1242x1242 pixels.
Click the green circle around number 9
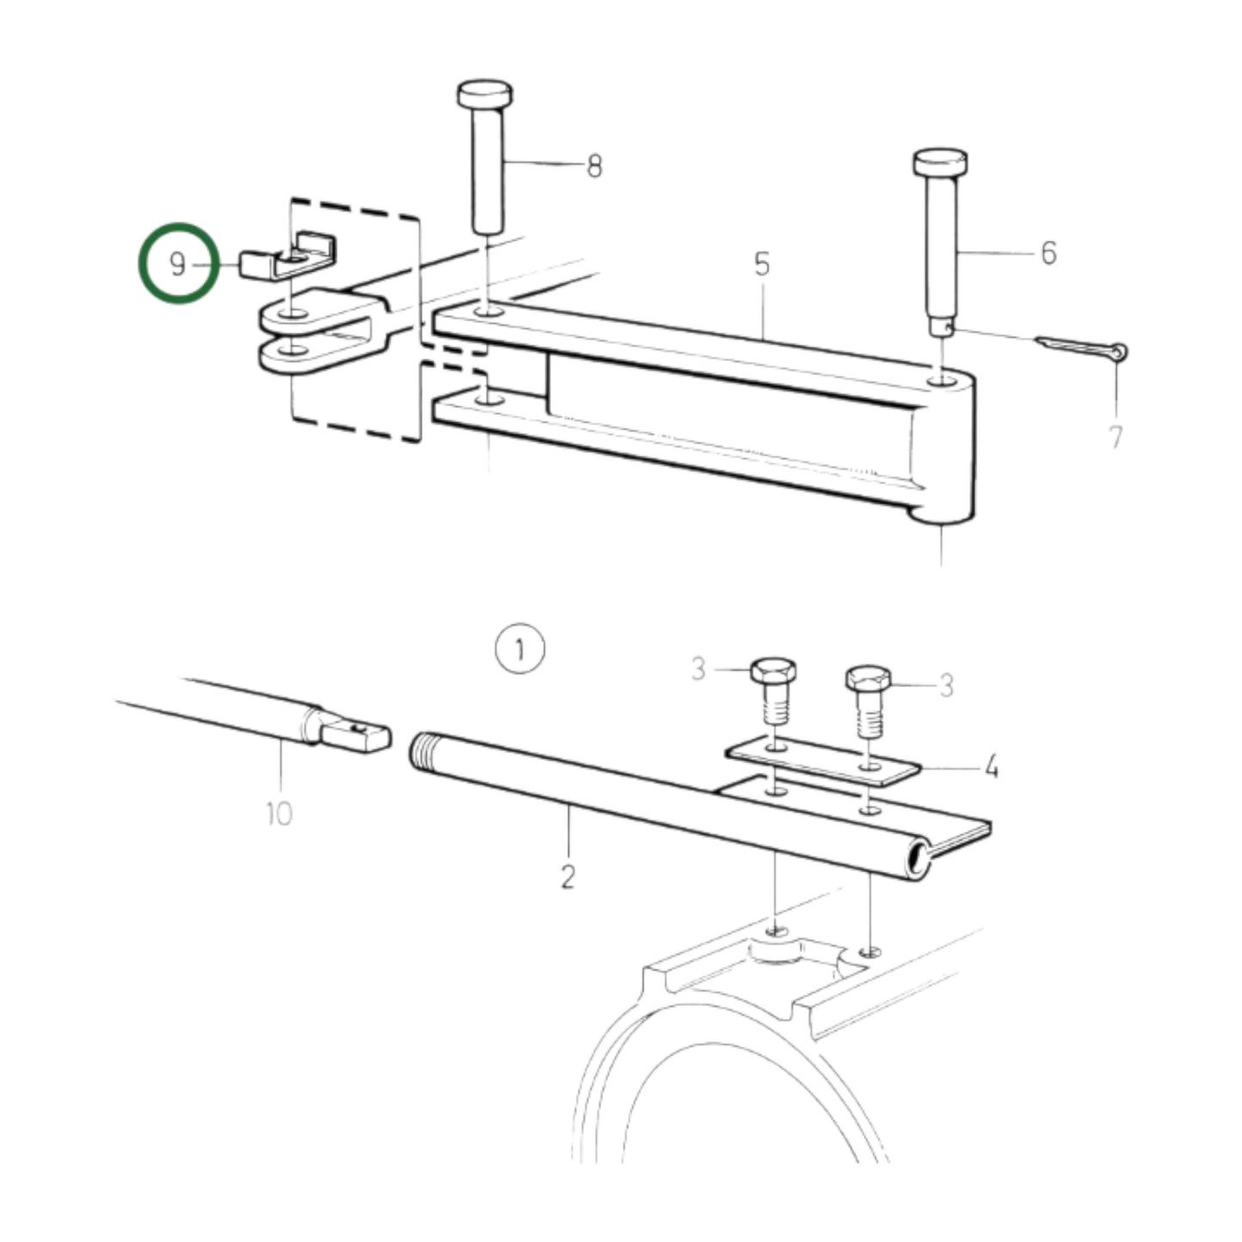(x=177, y=263)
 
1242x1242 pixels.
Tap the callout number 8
(x=594, y=165)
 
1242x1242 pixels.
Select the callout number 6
(x=1048, y=253)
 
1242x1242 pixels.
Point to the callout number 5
(x=762, y=265)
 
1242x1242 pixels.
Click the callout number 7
(x=1115, y=437)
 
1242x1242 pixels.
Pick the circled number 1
(x=519, y=649)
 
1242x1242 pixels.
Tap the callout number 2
(x=567, y=878)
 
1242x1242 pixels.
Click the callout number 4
(x=991, y=766)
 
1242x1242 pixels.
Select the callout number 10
(x=279, y=812)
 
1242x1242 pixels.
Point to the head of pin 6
(x=940, y=162)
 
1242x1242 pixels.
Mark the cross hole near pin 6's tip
(x=945, y=326)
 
